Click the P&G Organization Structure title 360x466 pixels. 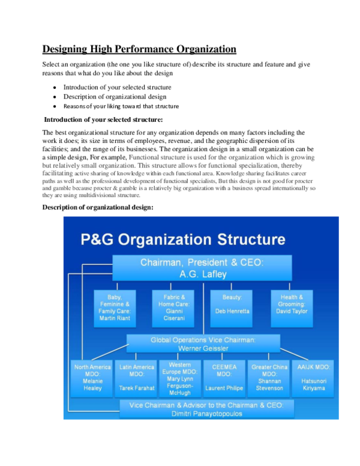[x=183, y=240]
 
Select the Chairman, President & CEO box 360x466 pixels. [x=202, y=268]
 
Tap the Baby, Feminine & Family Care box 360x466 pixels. [x=115, y=308]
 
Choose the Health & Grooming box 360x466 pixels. [x=292, y=308]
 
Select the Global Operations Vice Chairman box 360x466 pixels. [x=203, y=343]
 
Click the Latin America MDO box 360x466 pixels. [x=137, y=379]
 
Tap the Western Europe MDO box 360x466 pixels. [x=180, y=379]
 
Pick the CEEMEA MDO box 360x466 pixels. [x=224, y=379]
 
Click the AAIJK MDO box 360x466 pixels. [x=312, y=379]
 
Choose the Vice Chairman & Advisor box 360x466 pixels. [x=206, y=409]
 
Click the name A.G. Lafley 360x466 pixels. [x=202, y=273]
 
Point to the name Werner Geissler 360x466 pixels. [x=203, y=348]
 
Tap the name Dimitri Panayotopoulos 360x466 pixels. [x=206, y=414]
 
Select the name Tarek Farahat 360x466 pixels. [x=137, y=388]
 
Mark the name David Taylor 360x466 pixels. [x=292, y=311]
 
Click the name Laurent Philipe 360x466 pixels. [x=224, y=388]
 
